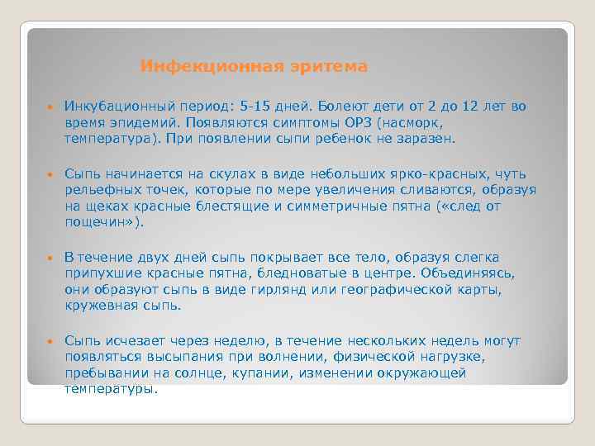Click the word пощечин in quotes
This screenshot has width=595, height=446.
(x=98, y=223)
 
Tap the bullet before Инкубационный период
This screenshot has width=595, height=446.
(x=50, y=107)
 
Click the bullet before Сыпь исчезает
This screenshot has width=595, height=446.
(x=50, y=340)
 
